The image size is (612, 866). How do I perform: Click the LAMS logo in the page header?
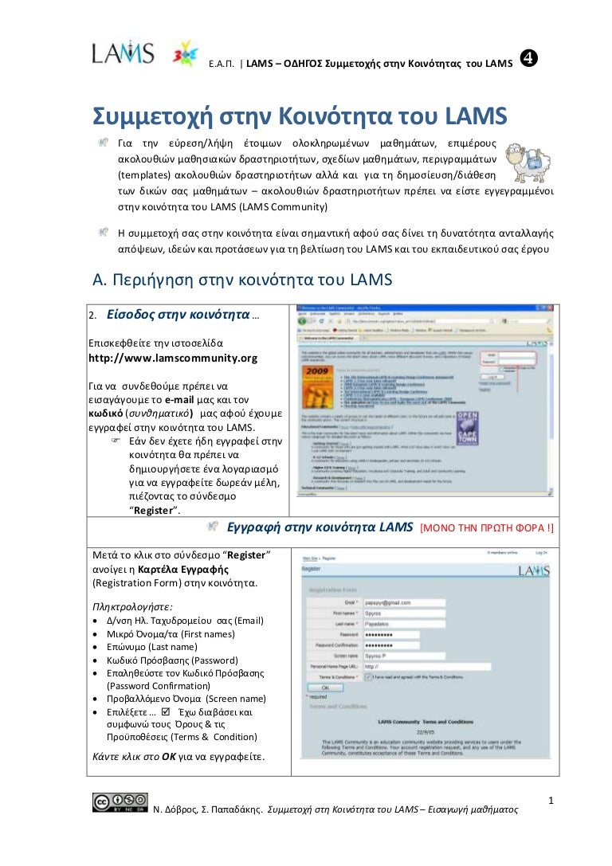pos(122,53)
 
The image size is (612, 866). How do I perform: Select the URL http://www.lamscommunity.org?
pos(172,358)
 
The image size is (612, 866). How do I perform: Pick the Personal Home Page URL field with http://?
pos(426,666)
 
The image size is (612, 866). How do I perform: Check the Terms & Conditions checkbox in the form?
pos(367,676)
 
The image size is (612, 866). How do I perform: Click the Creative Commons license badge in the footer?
pos(120,802)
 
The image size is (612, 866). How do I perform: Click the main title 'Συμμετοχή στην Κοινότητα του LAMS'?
pos(300,117)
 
